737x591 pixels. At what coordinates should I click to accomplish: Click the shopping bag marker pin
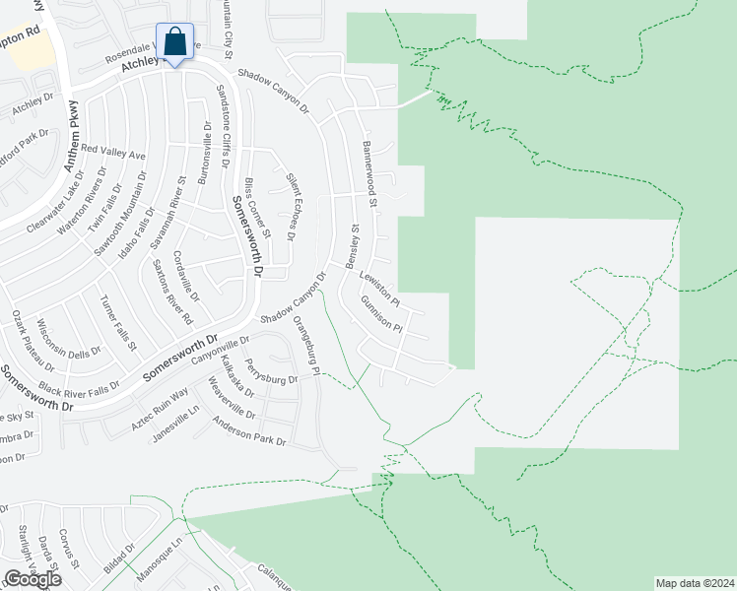[174, 43]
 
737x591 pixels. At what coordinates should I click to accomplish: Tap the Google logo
[33, 579]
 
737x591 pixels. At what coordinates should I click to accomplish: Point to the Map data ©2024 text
[696, 582]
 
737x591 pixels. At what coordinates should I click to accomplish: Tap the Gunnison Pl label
[381, 313]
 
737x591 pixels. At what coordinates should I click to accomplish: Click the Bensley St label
[351, 245]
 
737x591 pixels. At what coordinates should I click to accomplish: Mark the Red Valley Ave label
[112, 153]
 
